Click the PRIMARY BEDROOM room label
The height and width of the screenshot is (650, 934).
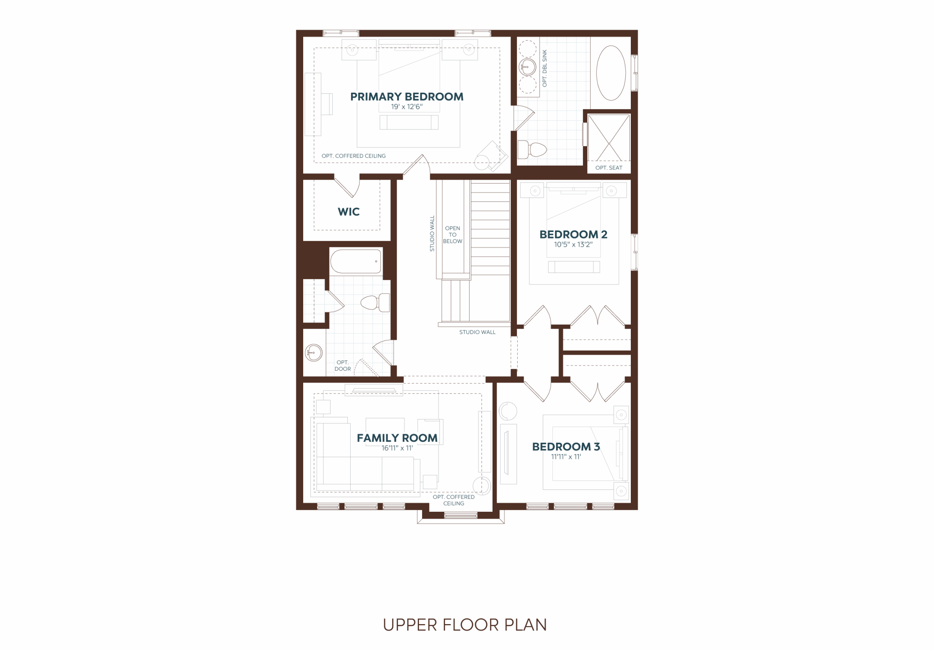[x=407, y=97]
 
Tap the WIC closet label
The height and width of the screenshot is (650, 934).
[x=349, y=212]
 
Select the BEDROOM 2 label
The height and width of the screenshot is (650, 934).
[x=573, y=235]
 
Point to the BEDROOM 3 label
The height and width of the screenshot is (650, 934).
[x=566, y=446]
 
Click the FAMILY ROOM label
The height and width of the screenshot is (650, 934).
[x=397, y=438]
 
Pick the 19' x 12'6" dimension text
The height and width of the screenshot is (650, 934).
[x=407, y=107]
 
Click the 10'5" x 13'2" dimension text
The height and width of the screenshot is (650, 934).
[x=573, y=245]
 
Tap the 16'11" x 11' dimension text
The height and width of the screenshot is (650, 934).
[x=397, y=448]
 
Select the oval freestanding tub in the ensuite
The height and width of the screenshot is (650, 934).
[x=611, y=73]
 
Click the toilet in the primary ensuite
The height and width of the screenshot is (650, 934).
[x=532, y=150]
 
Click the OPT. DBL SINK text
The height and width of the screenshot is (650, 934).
[x=545, y=68]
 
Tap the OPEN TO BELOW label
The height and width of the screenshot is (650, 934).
[x=453, y=235]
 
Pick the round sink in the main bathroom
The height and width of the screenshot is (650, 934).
[x=314, y=353]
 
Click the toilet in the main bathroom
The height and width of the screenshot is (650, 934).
[x=375, y=303]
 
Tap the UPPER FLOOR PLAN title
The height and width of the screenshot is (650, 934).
[x=465, y=625]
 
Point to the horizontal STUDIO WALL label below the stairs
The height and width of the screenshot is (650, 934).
[x=477, y=332]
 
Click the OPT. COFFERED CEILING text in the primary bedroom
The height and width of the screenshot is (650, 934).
[x=354, y=156]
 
